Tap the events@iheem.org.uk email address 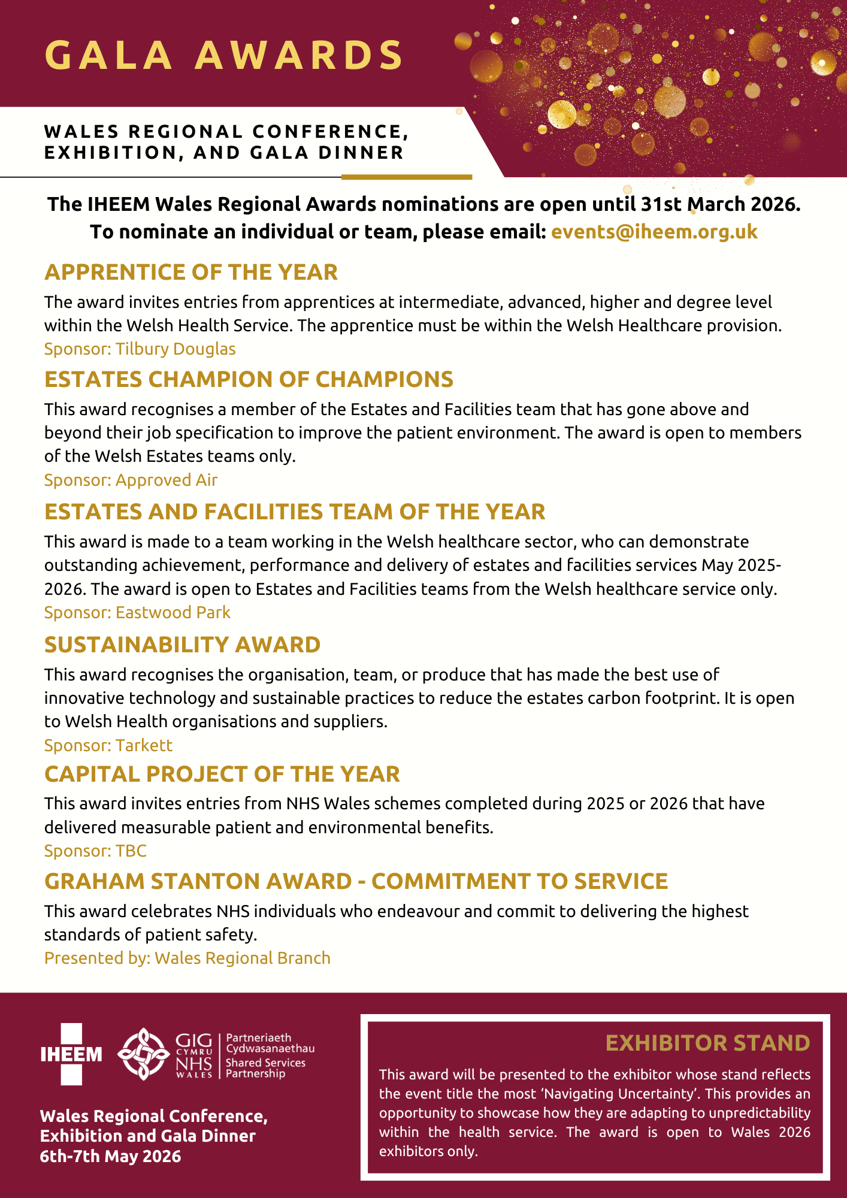pos(654,232)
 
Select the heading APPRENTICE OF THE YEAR pos(191,273)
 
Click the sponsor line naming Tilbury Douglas pos(140,349)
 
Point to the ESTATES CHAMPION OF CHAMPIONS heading pos(249,380)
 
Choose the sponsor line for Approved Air pos(131,480)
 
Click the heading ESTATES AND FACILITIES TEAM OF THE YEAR pos(295,512)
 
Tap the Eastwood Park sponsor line pos(137,613)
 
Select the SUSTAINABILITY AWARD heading pos(182,645)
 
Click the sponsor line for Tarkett pos(108,746)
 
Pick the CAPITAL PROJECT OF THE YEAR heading pos(222,775)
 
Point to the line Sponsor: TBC pos(95,851)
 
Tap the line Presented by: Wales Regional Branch pos(187,958)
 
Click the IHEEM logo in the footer pos(71,1054)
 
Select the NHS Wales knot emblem pos(143,1054)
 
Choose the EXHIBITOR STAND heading pos(707,1043)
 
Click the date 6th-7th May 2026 pos(110,1156)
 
